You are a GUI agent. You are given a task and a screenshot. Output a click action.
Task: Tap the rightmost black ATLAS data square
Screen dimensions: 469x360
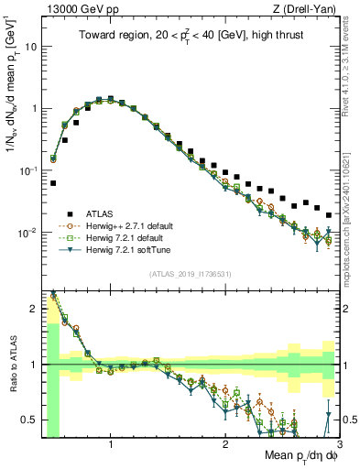pyautogui.click(x=329, y=215)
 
